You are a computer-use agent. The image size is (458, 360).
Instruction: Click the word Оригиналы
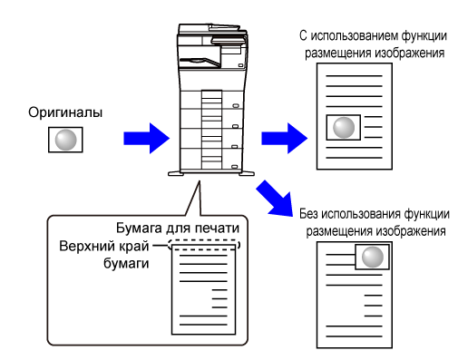point(65,112)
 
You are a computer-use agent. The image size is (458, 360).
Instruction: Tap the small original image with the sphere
point(65,140)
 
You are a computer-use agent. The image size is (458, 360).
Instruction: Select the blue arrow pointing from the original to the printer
point(147,138)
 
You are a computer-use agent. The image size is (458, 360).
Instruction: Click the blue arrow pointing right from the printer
point(285,138)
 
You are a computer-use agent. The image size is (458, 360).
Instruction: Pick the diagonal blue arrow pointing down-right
point(275,199)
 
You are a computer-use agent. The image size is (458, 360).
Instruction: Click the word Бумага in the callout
point(139,229)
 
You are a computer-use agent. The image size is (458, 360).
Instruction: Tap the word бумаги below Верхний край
point(126,263)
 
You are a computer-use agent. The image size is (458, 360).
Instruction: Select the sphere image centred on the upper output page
point(344,127)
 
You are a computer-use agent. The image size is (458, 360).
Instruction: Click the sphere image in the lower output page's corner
point(372,257)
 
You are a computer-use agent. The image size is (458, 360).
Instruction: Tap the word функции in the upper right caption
point(424,36)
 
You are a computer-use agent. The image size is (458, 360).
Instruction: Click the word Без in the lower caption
point(308,214)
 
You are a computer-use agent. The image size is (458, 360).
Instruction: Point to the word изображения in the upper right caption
point(410,54)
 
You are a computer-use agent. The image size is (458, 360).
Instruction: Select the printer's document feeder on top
point(212,30)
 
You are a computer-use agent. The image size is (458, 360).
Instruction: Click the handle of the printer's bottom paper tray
point(235,167)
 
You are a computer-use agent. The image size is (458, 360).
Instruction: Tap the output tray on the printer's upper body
point(200,62)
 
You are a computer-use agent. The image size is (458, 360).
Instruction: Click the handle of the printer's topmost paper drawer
point(236,106)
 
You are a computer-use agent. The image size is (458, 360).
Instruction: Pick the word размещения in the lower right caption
point(337,231)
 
